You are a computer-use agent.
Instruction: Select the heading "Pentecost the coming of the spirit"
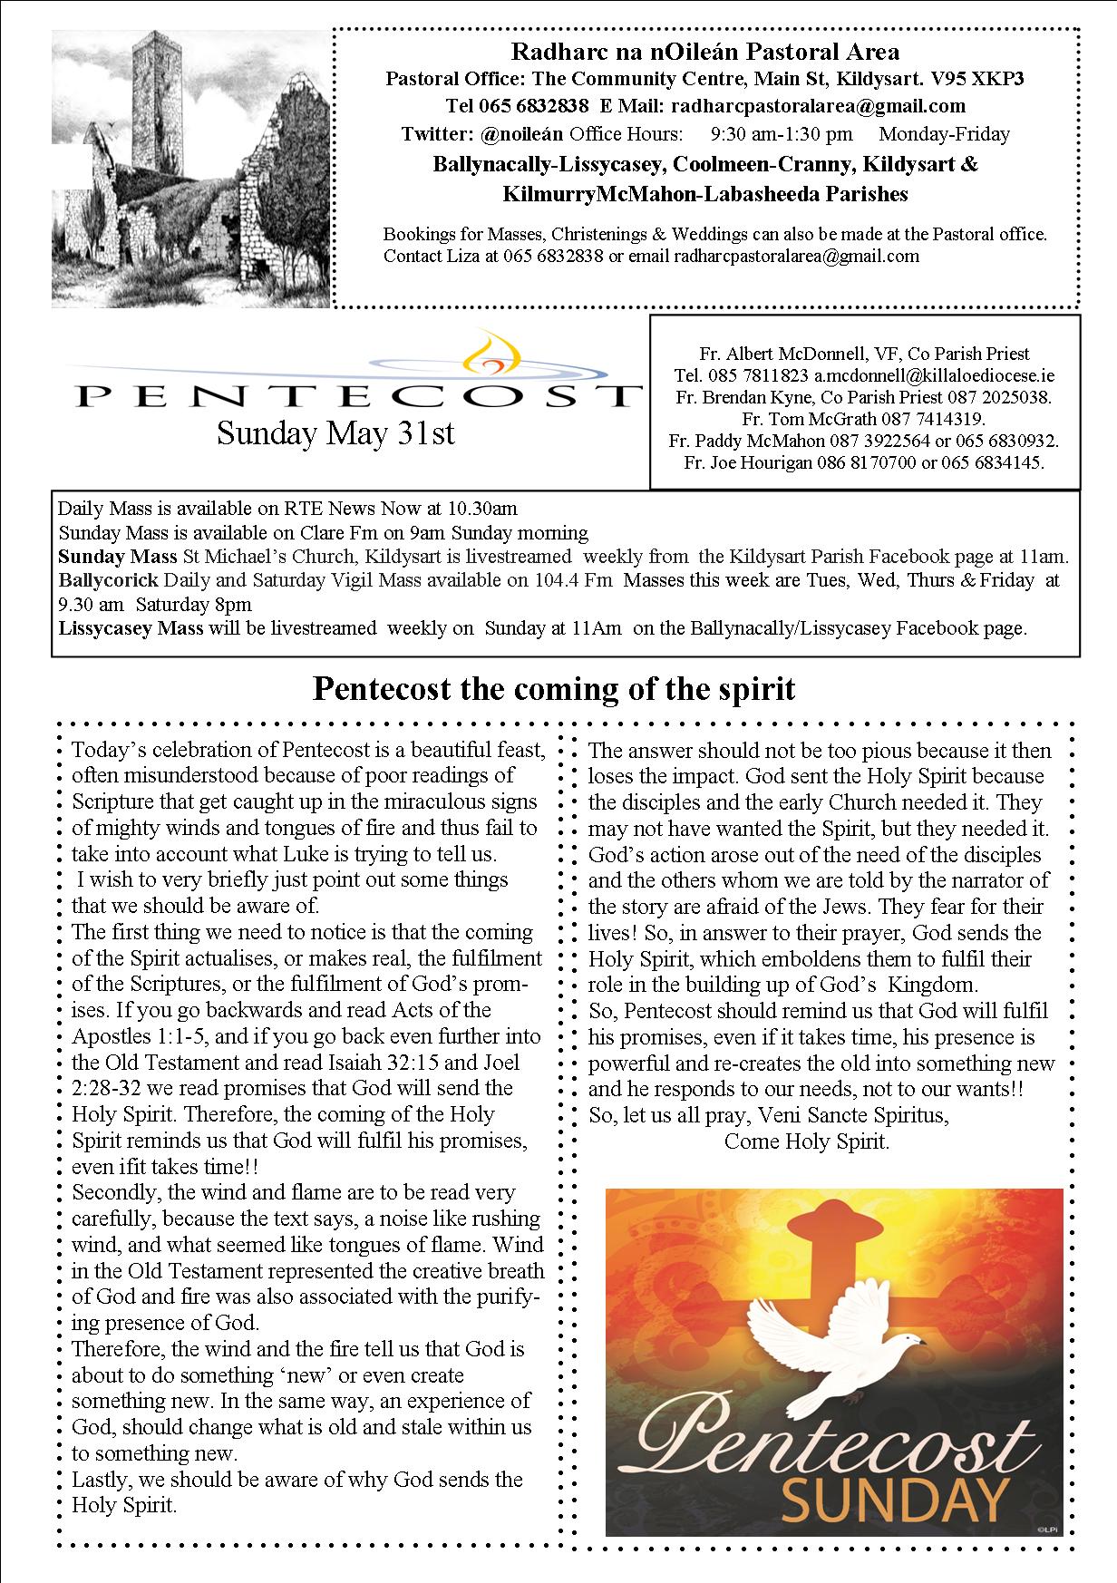tap(553, 690)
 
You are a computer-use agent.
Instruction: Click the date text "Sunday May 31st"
tap(335, 433)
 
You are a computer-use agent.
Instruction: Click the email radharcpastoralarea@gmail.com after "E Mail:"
tap(817, 107)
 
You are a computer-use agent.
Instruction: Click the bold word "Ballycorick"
tap(107, 580)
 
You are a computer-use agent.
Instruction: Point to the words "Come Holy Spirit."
tap(807, 1141)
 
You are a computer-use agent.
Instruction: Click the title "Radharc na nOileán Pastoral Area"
tap(704, 53)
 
